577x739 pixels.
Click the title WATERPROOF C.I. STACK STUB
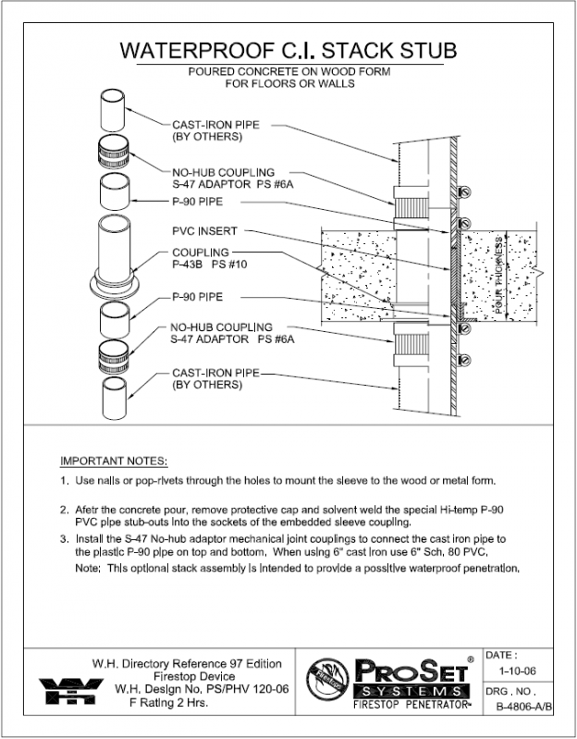(288, 49)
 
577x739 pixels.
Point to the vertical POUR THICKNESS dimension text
(499, 275)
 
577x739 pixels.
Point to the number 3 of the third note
(64, 537)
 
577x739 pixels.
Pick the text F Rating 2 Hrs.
(167, 703)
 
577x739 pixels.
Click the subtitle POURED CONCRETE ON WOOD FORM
(288, 71)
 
